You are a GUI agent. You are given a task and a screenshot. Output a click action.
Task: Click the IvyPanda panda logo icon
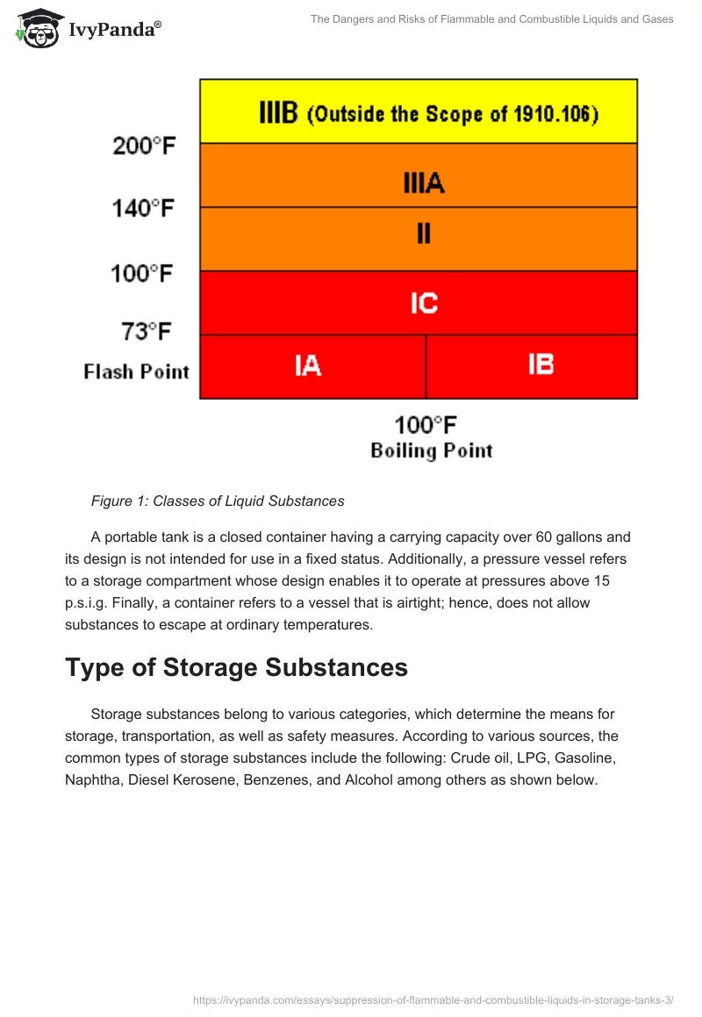click(x=39, y=29)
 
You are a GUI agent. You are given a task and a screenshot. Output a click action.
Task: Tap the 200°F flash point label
click(x=144, y=146)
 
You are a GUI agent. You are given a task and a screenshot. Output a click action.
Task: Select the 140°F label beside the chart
click(x=143, y=209)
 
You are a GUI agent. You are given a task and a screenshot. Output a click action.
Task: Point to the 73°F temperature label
click(x=146, y=331)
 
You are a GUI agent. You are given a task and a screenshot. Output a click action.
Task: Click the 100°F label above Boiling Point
click(x=426, y=425)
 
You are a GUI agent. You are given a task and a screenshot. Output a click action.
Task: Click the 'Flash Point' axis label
click(x=137, y=372)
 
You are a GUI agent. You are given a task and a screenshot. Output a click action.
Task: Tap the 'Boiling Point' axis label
click(x=431, y=451)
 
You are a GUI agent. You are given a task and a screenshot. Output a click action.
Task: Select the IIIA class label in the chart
click(x=423, y=183)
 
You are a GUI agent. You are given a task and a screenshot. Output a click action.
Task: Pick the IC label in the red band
click(x=423, y=303)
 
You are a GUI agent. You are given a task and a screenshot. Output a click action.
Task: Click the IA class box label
click(x=307, y=365)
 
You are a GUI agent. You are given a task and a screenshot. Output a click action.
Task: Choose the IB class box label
click(x=541, y=365)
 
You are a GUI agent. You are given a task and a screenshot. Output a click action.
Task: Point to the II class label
click(x=423, y=235)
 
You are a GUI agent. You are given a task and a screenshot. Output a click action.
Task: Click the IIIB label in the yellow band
click(x=279, y=113)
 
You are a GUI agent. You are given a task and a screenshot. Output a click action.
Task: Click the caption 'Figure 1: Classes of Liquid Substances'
click(x=218, y=501)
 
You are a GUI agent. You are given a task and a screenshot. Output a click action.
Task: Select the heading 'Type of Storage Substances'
click(x=236, y=667)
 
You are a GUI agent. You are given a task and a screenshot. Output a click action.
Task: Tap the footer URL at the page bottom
click(x=433, y=998)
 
